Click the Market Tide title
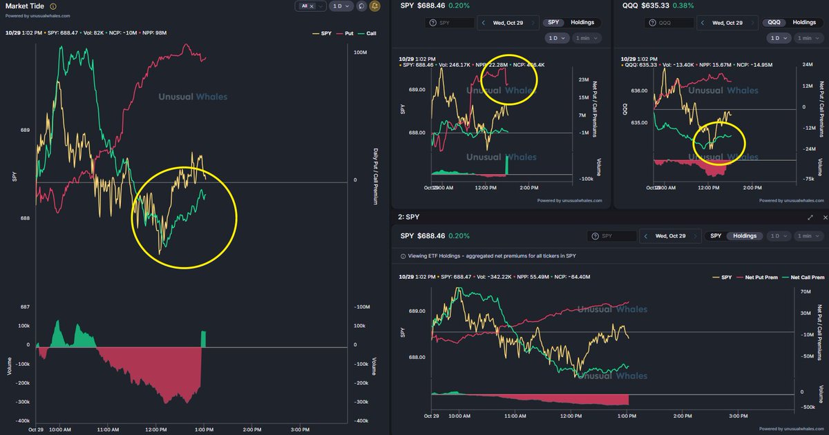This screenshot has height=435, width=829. tap(24, 6)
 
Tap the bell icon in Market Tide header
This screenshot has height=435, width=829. tap(375, 6)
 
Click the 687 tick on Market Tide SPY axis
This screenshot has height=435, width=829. tap(25, 307)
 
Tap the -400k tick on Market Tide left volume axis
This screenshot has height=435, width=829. tap(23, 420)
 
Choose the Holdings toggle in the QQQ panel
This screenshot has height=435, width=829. tap(803, 23)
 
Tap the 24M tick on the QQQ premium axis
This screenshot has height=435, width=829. tap(806, 64)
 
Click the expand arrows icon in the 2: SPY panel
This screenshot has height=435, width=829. tap(810, 217)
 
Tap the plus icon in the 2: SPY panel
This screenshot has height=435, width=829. tap(823, 217)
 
